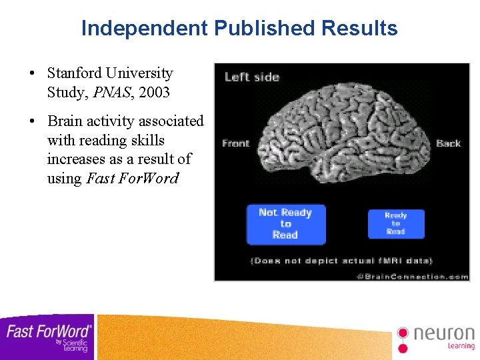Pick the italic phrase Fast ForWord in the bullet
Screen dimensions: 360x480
133,179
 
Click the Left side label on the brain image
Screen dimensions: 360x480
251,77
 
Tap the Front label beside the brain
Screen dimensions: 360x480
235,143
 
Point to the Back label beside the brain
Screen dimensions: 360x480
448,143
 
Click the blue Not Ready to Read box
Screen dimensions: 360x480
285,224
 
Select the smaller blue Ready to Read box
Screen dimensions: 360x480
395,223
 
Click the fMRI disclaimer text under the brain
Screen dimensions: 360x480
341,261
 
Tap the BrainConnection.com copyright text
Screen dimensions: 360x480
412,275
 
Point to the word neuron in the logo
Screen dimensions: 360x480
444,333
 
